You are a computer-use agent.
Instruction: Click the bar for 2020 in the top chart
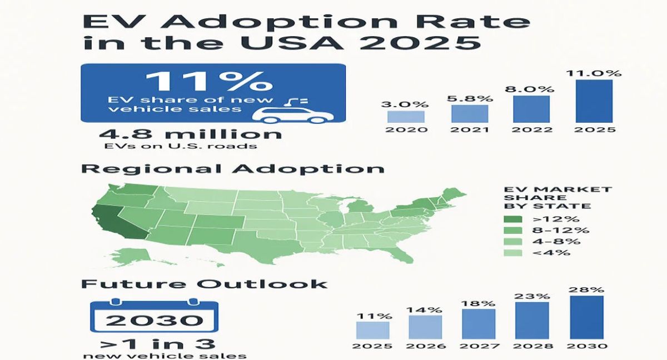click(x=406, y=116)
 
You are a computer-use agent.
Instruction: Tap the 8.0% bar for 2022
click(x=531, y=109)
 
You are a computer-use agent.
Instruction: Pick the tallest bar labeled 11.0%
click(x=594, y=101)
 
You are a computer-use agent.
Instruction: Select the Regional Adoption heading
click(x=232, y=168)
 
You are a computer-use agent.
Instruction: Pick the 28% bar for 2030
click(x=586, y=317)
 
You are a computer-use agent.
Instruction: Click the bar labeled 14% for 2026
click(x=425, y=327)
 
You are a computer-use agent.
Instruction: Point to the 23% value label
click(x=532, y=296)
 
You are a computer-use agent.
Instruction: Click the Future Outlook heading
click(x=204, y=283)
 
